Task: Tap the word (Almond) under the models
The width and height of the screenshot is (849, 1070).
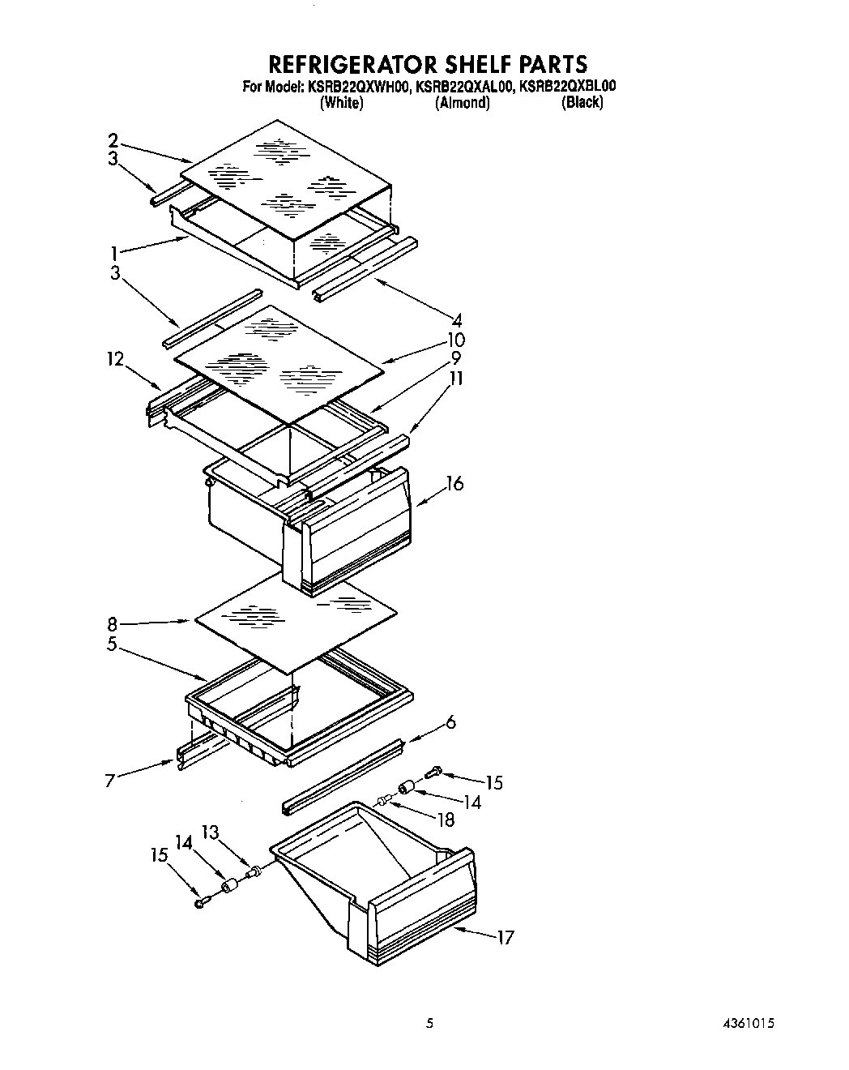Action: point(462,103)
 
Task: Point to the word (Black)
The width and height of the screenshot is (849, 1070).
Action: point(582,102)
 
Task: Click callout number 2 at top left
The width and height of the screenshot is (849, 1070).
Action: point(113,139)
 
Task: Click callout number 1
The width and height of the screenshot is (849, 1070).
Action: point(115,252)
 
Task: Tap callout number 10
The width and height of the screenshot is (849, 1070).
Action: point(456,339)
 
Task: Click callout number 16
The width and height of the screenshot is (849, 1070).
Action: point(454,484)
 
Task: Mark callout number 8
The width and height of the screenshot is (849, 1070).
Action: point(113,624)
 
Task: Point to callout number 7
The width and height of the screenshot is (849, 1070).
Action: point(110,780)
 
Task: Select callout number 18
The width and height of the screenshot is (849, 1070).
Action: point(445,820)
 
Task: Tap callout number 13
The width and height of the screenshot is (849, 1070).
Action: point(209,832)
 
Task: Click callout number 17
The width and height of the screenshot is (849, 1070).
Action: point(506,938)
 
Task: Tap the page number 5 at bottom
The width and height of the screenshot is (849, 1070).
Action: point(430,1024)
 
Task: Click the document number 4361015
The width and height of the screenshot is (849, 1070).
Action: point(745,1024)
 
